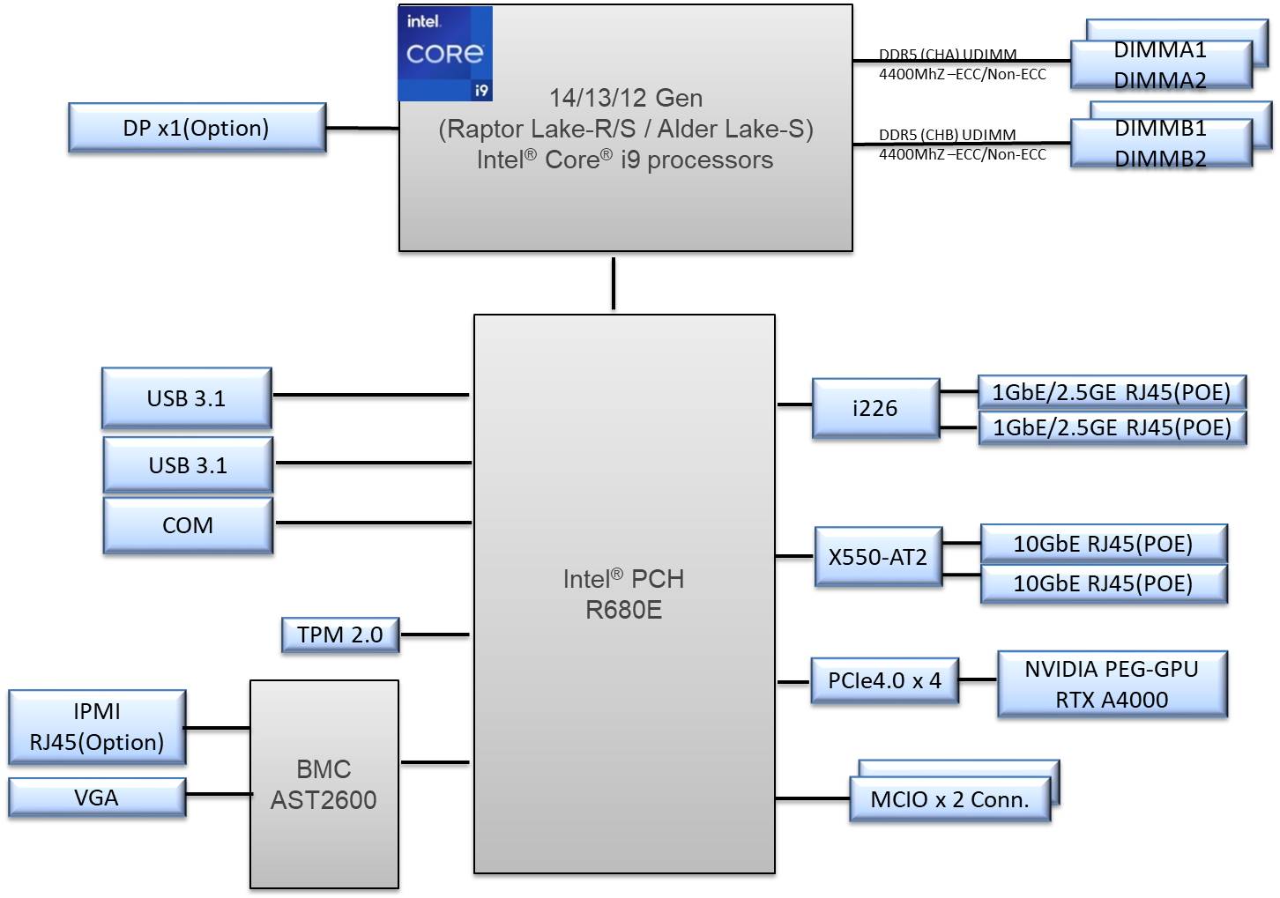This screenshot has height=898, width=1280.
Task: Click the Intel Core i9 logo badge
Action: pos(445,54)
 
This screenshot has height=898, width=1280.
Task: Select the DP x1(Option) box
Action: pos(197,128)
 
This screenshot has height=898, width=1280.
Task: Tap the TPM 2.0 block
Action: pos(340,635)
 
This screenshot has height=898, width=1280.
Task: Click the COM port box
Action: pos(188,525)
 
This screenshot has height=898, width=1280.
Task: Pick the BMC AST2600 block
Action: pos(324,783)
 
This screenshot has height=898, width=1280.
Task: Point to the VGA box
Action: pos(97,798)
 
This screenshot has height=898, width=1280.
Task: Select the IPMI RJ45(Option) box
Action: pos(97,726)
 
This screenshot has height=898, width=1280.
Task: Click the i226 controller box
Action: pos(875,408)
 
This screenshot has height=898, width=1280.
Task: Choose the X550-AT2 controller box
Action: pos(878,557)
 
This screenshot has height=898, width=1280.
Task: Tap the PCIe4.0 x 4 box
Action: pos(884,680)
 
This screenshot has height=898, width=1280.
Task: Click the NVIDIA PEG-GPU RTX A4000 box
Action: pos(1112,684)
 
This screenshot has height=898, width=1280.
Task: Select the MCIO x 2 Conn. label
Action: pos(949,799)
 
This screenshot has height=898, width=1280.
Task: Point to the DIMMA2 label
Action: pos(1160,80)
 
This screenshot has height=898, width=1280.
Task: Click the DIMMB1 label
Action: pos(1160,129)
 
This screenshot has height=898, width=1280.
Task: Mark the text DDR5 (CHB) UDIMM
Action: pos(947,135)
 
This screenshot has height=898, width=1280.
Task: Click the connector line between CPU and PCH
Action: pos(614,283)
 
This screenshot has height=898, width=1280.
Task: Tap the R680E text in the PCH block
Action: pos(624,610)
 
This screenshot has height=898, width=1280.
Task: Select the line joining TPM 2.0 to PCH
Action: pos(435,635)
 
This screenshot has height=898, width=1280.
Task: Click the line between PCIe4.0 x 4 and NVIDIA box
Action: pos(978,679)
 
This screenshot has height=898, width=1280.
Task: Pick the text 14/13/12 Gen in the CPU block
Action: pos(626,98)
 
